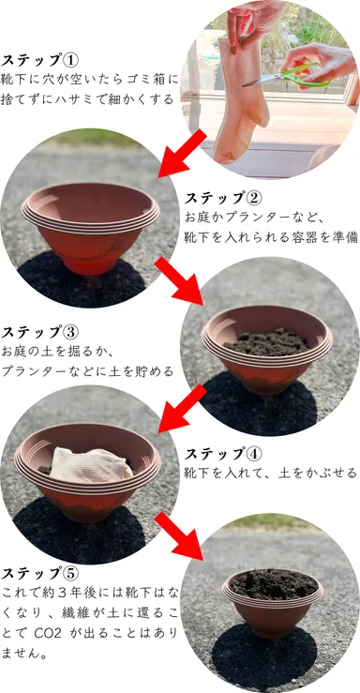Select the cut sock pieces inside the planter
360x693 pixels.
tap(89, 463)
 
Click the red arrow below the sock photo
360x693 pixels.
tap(183, 152)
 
